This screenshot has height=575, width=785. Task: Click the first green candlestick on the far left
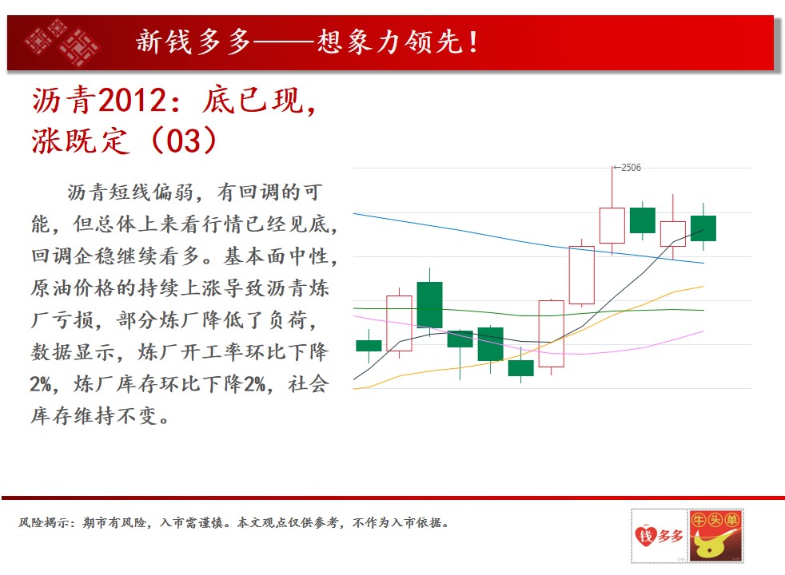click(369, 346)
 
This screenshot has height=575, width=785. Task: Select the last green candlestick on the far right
click(703, 228)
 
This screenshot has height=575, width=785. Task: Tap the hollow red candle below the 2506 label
click(612, 225)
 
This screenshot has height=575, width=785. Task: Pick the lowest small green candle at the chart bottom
click(520, 368)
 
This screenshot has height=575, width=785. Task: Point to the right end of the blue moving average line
click(704, 263)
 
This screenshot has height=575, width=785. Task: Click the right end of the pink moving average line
click(704, 331)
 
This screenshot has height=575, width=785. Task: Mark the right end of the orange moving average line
click(704, 287)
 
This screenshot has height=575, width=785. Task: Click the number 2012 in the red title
click(132, 100)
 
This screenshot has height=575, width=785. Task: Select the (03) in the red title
click(184, 141)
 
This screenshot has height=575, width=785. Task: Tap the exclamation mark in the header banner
click(473, 42)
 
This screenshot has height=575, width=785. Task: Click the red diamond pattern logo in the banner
click(62, 42)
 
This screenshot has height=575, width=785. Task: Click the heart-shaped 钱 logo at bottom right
click(659, 536)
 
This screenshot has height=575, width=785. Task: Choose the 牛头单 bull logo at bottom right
click(715, 536)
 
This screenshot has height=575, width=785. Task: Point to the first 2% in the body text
click(41, 384)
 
